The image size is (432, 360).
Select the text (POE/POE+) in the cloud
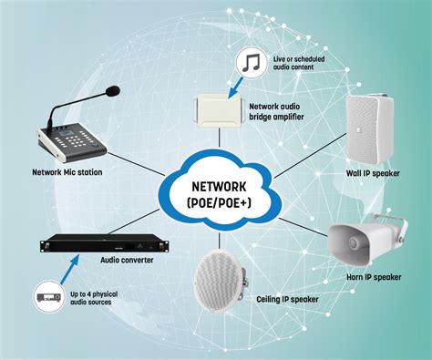point(214,198)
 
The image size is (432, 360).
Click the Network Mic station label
point(67,170)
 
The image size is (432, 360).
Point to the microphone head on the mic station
point(111,90)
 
